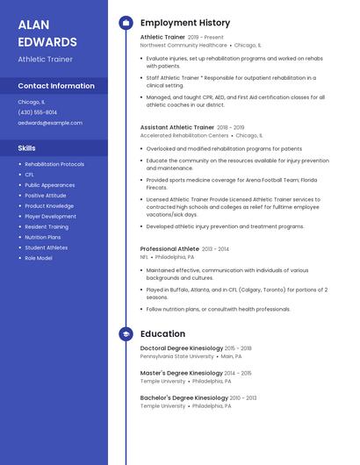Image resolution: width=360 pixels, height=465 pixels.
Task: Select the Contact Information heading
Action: point(56,86)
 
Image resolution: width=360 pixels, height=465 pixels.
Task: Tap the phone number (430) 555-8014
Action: point(37,112)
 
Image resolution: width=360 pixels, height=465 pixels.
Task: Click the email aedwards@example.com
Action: point(50,123)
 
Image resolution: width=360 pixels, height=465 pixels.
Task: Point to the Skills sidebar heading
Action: point(27,148)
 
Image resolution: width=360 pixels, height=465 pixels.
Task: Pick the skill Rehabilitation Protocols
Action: point(54,164)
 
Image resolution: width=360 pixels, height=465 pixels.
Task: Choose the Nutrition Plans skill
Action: point(43,237)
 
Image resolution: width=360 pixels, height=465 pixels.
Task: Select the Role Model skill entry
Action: point(39,258)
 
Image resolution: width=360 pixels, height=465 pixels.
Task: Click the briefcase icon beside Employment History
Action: point(125,23)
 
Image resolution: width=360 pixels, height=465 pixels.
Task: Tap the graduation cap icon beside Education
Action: point(125,334)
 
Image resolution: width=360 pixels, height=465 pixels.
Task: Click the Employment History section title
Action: point(185,23)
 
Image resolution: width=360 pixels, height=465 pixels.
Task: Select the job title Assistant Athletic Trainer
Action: point(176,127)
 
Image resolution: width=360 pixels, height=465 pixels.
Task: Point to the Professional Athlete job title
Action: point(169,249)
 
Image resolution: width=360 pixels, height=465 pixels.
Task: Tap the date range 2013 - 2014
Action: point(216,249)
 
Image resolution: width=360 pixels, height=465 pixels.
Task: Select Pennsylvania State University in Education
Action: point(176,356)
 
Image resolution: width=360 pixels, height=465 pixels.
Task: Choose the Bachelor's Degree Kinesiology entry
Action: point(184,397)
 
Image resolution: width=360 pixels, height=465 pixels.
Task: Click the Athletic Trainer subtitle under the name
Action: point(45,60)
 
